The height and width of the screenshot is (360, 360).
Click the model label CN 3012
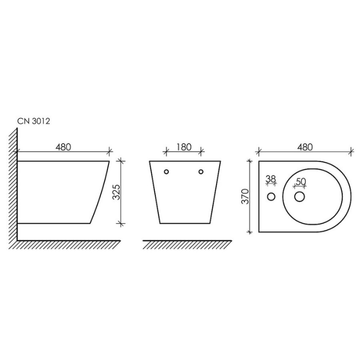point(34,121)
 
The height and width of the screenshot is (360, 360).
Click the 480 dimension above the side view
point(63,147)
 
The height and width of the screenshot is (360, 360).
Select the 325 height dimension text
point(117,192)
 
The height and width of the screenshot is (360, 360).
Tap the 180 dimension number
point(184,147)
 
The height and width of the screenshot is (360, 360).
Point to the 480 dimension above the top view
point(305,147)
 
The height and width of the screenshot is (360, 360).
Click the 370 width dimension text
point(246,196)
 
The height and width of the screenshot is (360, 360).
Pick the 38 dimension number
point(271,179)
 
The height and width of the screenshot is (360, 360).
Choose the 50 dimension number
point(301,182)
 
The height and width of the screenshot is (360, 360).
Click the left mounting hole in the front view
point(166,172)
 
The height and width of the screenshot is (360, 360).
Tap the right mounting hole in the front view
point(201,172)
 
